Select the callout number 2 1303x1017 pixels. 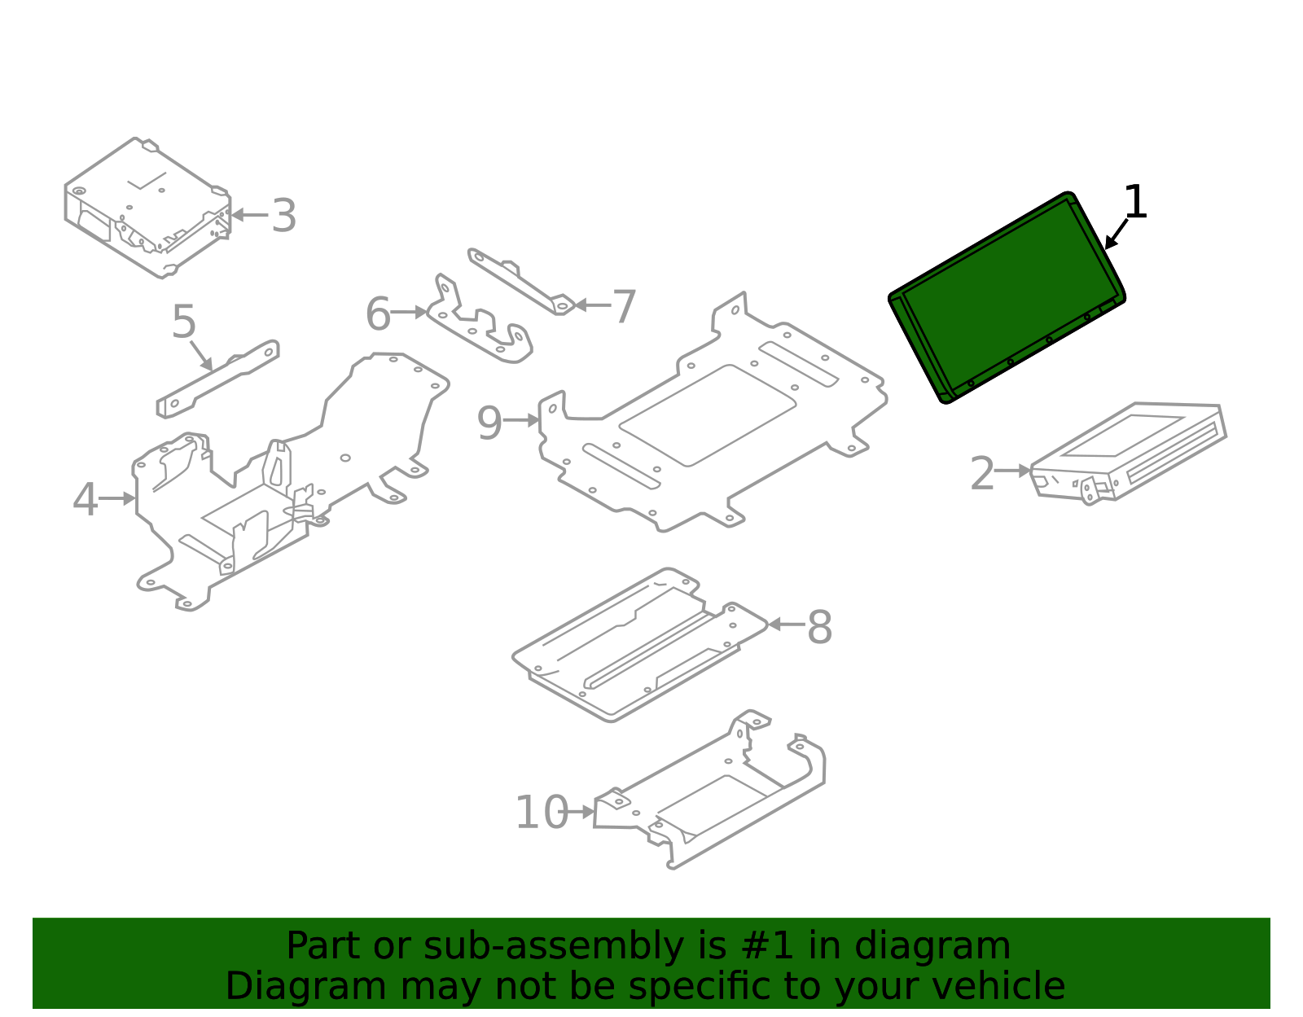coord(983,474)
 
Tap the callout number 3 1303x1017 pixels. coord(283,217)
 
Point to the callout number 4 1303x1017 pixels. coord(85,500)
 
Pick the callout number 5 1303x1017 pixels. coord(184,322)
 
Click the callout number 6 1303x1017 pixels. coord(378,314)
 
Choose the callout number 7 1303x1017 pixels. coord(624,308)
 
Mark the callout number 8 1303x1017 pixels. coord(819,628)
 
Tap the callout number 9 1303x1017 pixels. coord(489,423)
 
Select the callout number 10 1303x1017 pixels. coord(542,813)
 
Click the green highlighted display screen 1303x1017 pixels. coord(1007,298)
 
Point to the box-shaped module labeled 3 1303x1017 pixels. coord(147,208)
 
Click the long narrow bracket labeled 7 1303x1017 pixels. coord(521,282)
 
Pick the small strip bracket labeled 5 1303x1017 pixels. coord(218,379)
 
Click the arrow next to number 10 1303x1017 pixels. coord(581,812)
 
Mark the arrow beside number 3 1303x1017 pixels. coord(249,215)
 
